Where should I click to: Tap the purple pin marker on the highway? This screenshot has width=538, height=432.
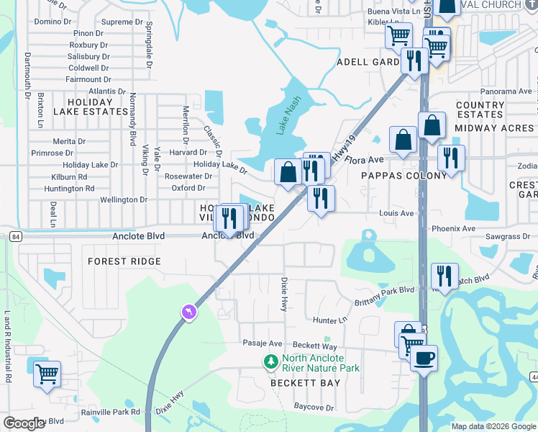189,312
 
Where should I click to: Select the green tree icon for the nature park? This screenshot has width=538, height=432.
271,362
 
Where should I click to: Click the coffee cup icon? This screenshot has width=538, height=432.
424,358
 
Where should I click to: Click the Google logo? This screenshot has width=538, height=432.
24,423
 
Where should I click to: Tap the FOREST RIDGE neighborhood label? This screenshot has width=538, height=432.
124,261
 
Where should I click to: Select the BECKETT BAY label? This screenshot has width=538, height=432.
305,383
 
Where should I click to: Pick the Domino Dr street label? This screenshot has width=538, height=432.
53,22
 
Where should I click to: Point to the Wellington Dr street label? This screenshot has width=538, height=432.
123,199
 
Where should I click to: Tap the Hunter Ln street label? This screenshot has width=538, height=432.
329,320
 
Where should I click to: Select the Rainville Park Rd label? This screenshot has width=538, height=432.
115,412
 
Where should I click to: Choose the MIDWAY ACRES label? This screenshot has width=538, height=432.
494,127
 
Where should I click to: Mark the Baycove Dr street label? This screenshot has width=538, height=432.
314,407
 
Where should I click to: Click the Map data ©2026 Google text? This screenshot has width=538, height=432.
493,426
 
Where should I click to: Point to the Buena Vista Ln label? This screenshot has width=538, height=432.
393,12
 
